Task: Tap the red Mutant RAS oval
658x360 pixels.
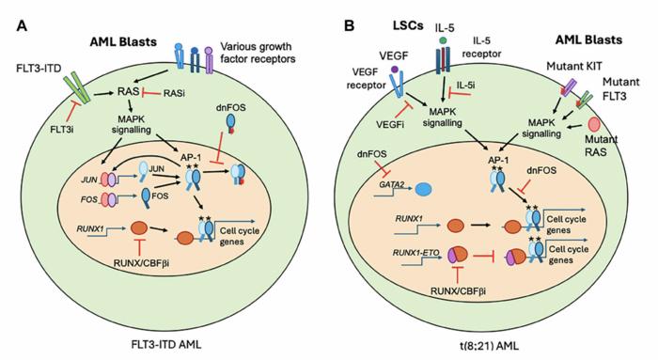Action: pos(594,125)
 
